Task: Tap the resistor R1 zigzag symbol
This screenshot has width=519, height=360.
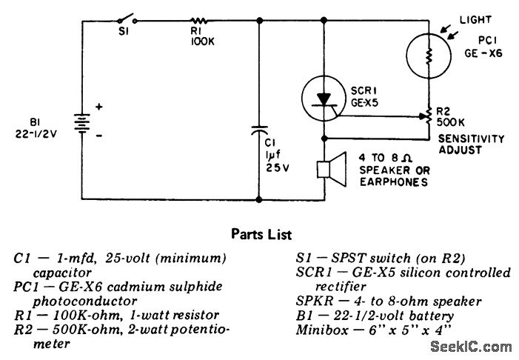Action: click(x=198, y=21)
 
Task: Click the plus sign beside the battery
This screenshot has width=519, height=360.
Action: click(x=98, y=107)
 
